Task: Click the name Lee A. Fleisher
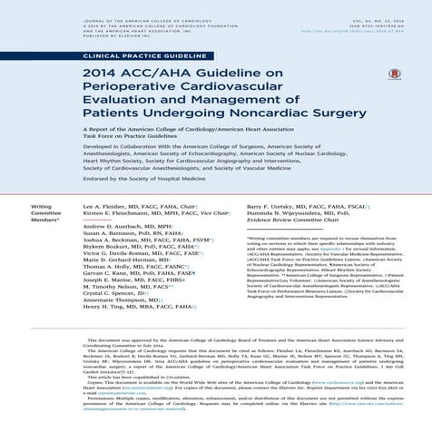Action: (x=104, y=207)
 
